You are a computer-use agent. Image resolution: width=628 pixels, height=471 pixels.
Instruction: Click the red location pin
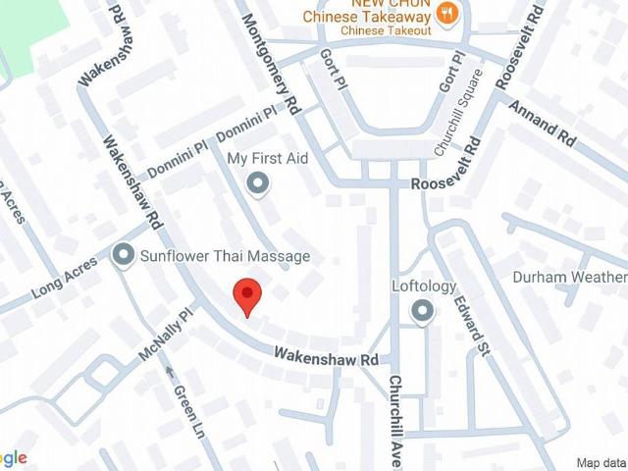click(246, 294)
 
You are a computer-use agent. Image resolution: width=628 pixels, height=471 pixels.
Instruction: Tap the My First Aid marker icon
click(258, 183)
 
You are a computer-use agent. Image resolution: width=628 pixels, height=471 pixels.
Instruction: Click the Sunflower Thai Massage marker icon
click(124, 256)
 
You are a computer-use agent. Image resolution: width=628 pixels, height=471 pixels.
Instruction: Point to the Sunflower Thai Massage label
click(225, 256)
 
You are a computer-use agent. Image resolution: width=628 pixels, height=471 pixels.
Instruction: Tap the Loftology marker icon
click(423, 312)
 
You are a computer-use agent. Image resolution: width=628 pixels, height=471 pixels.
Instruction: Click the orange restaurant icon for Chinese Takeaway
click(446, 13)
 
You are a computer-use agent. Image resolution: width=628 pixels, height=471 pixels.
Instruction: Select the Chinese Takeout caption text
click(387, 30)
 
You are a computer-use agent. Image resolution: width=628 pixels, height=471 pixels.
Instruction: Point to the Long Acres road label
click(68, 279)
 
